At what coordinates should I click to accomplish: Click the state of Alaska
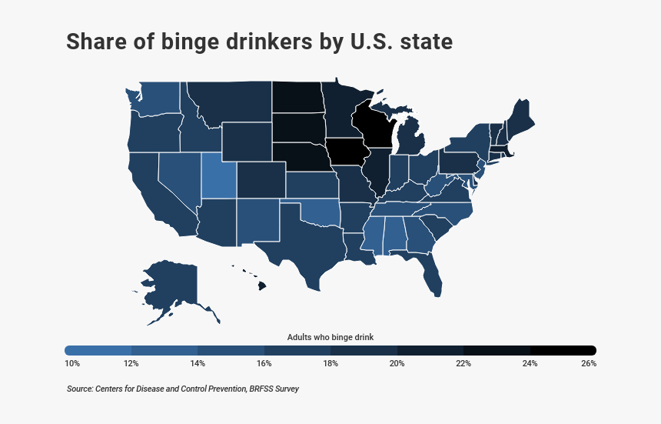point(169,289)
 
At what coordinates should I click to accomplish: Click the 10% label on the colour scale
point(72,363)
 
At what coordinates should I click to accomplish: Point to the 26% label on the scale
point(589,363)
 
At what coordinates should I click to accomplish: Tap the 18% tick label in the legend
point(330,363)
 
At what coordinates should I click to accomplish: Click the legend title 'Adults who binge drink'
point(330,337)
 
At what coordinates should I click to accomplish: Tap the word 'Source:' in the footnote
point(81,389)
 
